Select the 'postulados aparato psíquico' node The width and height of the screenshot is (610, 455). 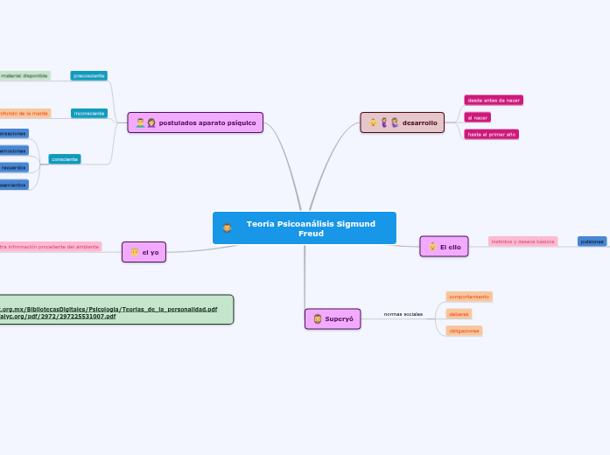195,122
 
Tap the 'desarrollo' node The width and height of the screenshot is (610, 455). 403,122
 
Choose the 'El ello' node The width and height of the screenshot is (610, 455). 444,248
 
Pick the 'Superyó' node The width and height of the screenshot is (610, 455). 333,319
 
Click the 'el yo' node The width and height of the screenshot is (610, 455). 144,252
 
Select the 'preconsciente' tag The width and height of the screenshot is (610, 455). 89,76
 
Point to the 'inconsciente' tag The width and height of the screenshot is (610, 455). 89,114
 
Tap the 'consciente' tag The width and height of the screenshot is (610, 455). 65,159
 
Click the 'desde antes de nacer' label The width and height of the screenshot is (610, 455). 494,101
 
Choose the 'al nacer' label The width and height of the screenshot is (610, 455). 478,117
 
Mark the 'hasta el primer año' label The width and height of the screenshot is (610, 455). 491,135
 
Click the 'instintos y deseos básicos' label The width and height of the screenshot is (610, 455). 523,241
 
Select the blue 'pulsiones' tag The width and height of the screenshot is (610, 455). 592,241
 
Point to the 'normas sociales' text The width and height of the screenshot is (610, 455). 403,313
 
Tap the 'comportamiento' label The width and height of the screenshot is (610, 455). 468,297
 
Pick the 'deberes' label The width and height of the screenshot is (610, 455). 459,313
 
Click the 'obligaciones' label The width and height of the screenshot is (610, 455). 464,331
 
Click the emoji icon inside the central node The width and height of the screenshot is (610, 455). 227,227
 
